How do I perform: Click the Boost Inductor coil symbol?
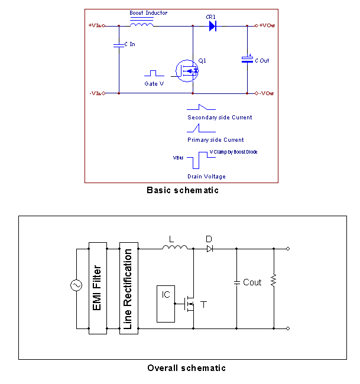coord(142,24)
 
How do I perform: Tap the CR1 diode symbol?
coord(212,26)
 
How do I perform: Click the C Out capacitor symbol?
coord(247,59)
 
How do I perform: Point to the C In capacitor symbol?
coord(119,44)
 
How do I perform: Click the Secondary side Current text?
coord(219,118)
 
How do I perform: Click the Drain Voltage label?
coord(206,177)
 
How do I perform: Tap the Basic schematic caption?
coord(183,190)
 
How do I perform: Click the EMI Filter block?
coord(96,288)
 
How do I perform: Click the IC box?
coord(166,304)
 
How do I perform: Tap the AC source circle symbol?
coord(76,286)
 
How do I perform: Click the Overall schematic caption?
coord(187,368)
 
